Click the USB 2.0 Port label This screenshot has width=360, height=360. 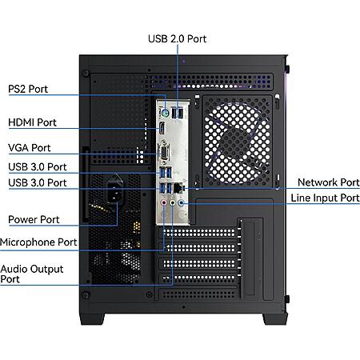(177, 39)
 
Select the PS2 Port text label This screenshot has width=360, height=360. (28, 89)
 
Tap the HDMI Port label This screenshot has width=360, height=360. (32, 122)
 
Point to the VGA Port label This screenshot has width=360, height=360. (30, 148)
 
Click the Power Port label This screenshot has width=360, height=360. (34, 220)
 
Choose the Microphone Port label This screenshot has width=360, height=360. (38, 242)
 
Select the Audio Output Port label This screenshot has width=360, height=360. (32, 274)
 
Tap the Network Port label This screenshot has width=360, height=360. (329, 182)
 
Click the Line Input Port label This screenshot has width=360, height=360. (325, 198)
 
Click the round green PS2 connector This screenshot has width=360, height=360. (165, 114)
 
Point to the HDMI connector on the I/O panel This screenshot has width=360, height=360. (162, 129)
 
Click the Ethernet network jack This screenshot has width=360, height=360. (178, 188)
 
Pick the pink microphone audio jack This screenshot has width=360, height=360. (164, 203)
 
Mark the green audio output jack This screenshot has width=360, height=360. (173, 203)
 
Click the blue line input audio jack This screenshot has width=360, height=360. (182, 203)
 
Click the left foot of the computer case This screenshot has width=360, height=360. (92, 318)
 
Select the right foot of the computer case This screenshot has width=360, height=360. (275, 318)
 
